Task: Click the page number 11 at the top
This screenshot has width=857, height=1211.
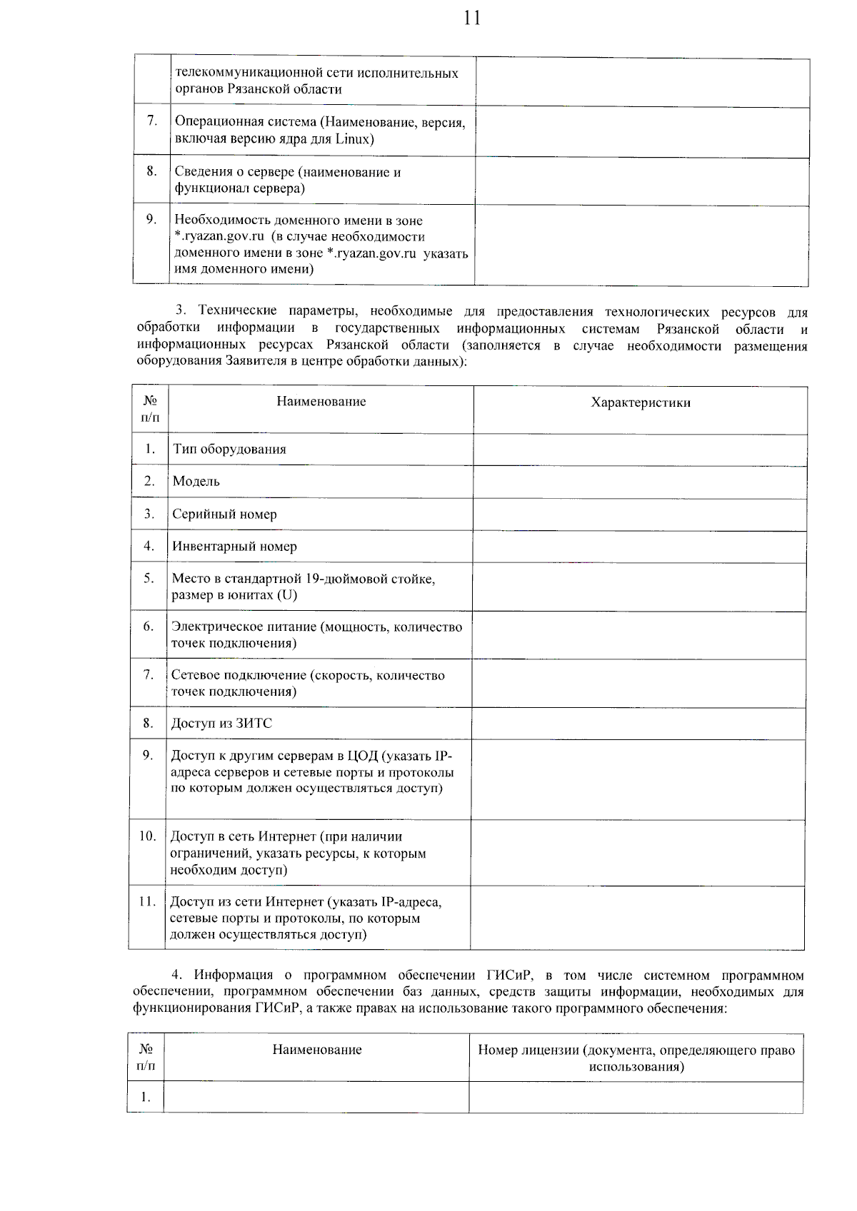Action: coord(472,17)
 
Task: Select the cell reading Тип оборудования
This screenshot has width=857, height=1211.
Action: coord(229,450)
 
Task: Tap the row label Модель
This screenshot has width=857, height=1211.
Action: coord(196,482)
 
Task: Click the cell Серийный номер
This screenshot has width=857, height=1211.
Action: coord(224,515)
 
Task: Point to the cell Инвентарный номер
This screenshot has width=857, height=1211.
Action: coord(234,547)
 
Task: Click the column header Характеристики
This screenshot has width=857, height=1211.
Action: coord(641,402)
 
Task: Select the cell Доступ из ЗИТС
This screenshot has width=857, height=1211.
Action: coord(221,724)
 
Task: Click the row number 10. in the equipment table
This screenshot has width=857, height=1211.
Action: coord(147,836)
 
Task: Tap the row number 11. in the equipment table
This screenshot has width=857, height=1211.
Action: coord(147,901)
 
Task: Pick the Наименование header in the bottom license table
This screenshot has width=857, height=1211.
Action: coord(317,1050)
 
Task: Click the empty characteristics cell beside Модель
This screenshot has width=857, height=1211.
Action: coord(639,482)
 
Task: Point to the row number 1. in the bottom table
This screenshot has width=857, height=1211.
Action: coord(146,1097)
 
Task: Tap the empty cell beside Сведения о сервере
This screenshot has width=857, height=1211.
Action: coord(641,181)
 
